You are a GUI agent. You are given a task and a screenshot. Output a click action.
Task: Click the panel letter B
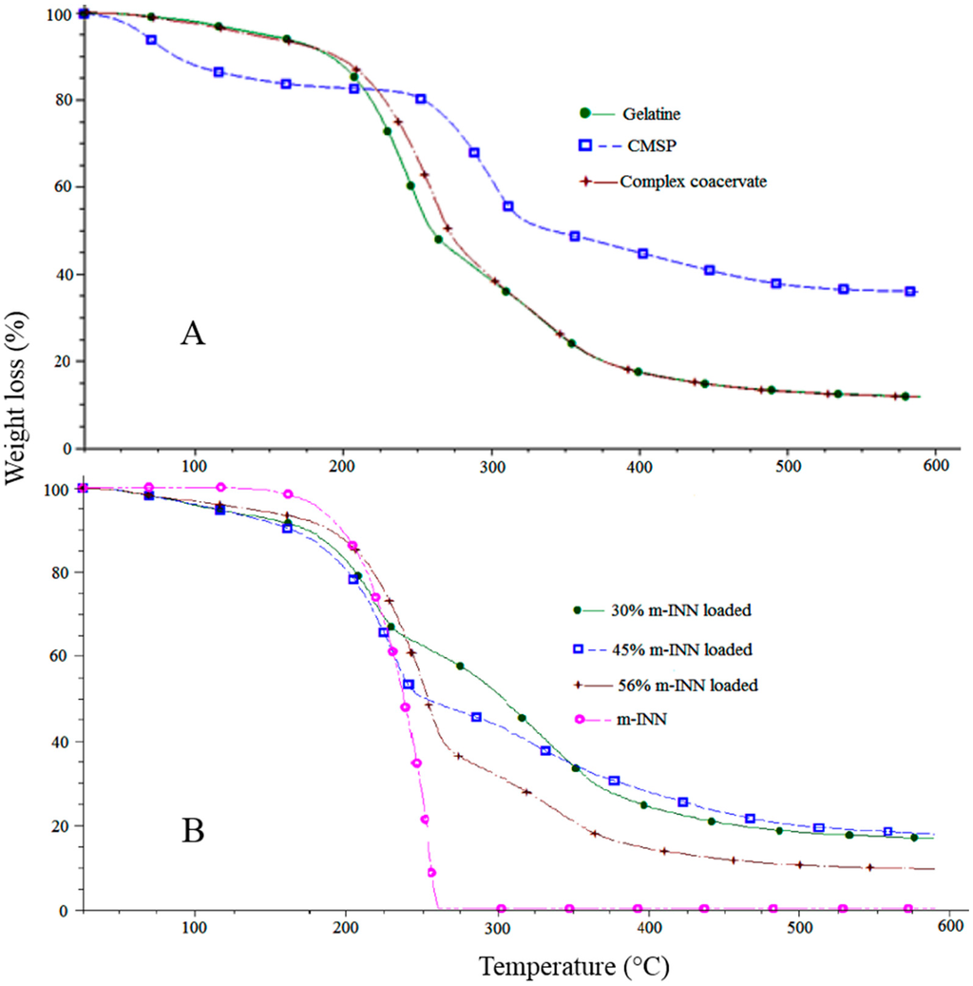tap(193, 831)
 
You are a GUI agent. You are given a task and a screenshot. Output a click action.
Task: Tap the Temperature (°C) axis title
tap(574, 967)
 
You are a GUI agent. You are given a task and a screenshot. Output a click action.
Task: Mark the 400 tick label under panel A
tap(639, 466)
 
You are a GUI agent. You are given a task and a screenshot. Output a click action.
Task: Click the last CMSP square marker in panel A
tap(910, 292)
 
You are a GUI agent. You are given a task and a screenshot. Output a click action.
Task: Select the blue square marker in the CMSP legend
tap(586, 145)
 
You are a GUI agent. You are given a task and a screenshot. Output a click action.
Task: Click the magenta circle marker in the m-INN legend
tap(578, 719)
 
